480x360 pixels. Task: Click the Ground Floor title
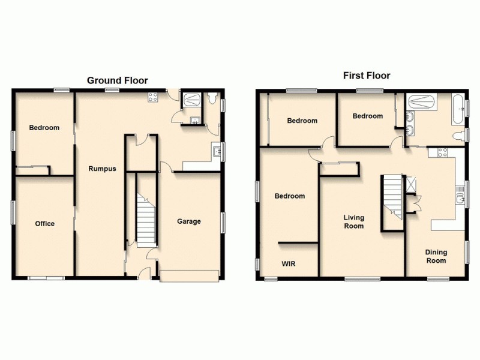click(x=118, y=80)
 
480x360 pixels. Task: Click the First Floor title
click(x=366, y=76)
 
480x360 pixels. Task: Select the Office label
click(x=44, y=224)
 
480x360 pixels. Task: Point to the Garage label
click(x=188, y=221)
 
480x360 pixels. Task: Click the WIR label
click(x=289, y=263)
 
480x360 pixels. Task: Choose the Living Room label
click(x=353, y=222)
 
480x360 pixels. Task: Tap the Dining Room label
click(x=436, y=257)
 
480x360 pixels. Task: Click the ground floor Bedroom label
click(x=44, y=128)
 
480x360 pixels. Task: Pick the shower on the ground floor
click(x=193, y=100)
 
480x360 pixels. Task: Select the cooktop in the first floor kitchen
click(x=440, y=152)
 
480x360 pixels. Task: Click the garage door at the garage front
click(x=189, y=275)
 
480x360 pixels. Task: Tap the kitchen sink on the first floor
click(x=460, y=195)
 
